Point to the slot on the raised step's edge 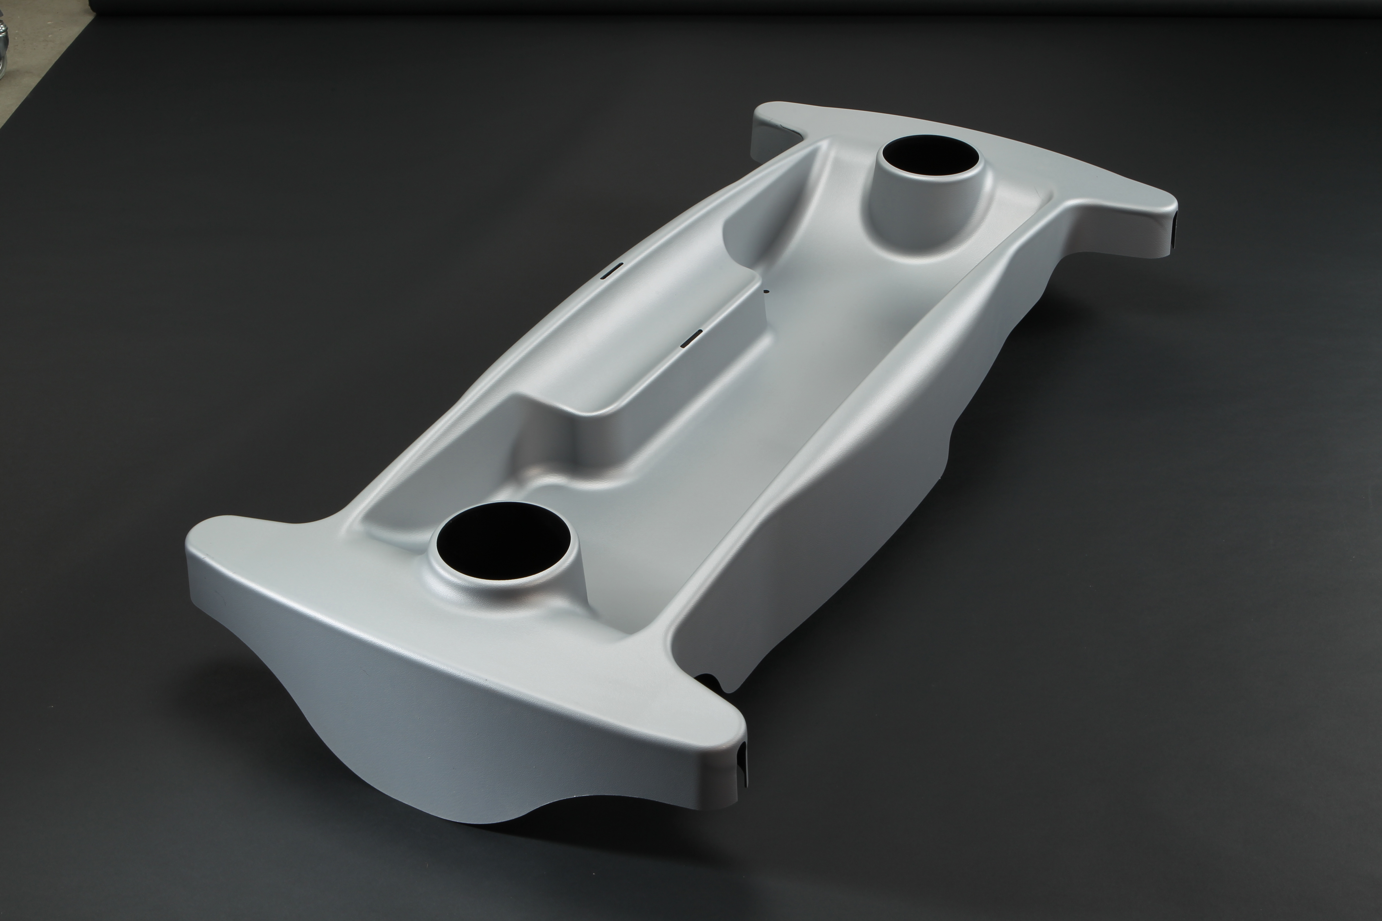coord(692,338)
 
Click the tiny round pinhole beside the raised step coord(765,290)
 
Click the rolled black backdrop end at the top coord(705,6)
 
